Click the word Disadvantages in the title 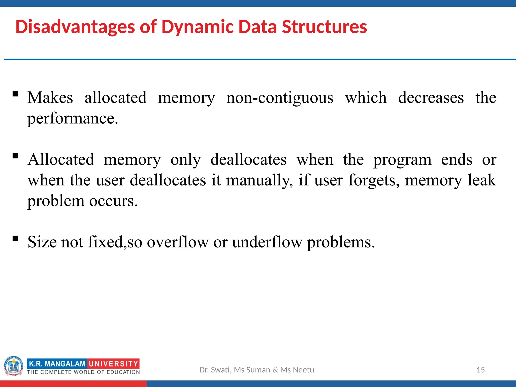pyautogui.click(x=75, y=27)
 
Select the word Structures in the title pyautogui.click(x=324, y=27)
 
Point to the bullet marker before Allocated pyautogui.click(x=15, y=156)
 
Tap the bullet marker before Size pyautogui.click(x=15, y=238)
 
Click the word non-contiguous pyautogui.click(x=280, y=98)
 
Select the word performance pyautogui.click(x=72, y=118)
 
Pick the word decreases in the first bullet pyautogui.click(x=431, y=98)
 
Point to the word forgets pyautogui.click(x=374, y=180)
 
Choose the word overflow pyautogui.click(x=178, y=242)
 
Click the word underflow pyautogui.click(x=267, y=242)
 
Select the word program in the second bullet pyautogui.click(x=402, y=160)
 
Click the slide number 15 pyautogui.click(x=480, y=370)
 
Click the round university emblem pyautogui.click(x=14, y=366)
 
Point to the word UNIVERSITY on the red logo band pyautogui.click(x=114, y=364)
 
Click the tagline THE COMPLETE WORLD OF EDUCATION pyautogui.click(x=83, y=372)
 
